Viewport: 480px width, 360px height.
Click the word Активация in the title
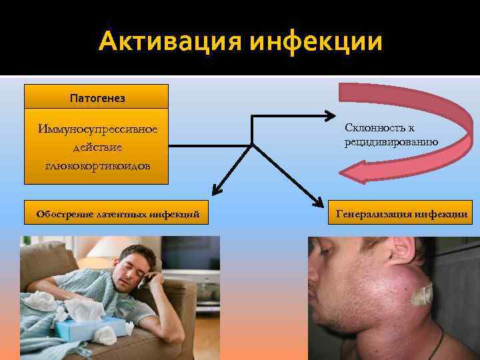tap(170, 41)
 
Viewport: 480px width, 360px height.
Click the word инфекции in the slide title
tap(317, 41)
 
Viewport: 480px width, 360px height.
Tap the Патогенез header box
tap(97, 97)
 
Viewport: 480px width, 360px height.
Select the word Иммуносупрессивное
tap(97, 128)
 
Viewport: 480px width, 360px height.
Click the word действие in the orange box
tap(97, 147)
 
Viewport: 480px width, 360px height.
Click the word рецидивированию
tap(391, 141)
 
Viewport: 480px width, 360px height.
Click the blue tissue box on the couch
tap(93, 326)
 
